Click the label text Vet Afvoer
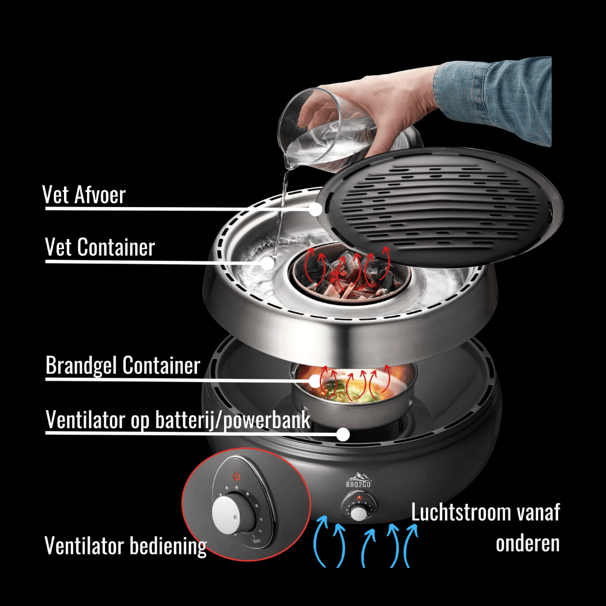click(84, 195)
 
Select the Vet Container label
click(100, 247)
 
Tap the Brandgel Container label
click(122, 365)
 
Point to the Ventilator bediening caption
click(125, 545)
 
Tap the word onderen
click(527, 543)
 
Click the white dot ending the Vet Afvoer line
click(315, 209)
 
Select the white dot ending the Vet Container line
click(267, 261)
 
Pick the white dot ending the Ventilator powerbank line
click(343, 434)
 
